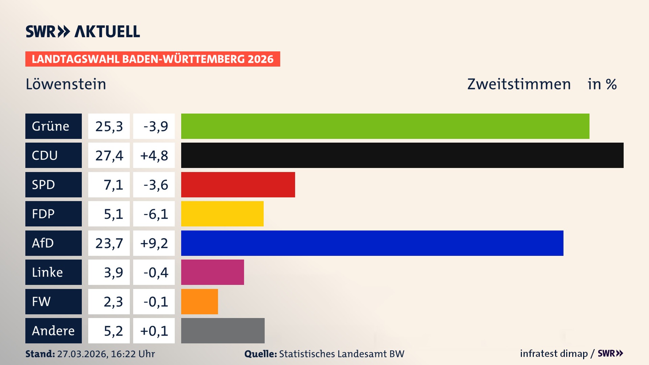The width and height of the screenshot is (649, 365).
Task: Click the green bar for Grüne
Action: click(x=385, y=126)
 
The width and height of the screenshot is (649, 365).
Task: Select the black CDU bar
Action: click(x=402, y=155)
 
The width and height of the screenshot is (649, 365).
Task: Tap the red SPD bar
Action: click(x=238, y=185)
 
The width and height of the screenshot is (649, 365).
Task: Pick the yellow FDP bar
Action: click(x=222, y=214)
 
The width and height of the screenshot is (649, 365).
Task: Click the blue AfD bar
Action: click(x=372, y=243)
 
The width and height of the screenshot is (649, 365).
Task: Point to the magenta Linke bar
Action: click(x=212, y=272)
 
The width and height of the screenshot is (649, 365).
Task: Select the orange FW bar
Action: click(x=199, y=301)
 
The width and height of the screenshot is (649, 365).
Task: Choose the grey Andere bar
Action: click(x=223, y=331)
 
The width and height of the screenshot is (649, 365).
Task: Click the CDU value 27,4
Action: click(x=109, y=155)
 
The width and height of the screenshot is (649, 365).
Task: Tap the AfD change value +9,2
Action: click(x=154, y=243)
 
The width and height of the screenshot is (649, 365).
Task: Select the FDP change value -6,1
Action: click(x=155, y=214)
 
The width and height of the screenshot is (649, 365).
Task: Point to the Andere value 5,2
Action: click(x=113, y=331)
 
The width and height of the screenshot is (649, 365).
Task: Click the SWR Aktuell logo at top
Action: click(x=83, y=31)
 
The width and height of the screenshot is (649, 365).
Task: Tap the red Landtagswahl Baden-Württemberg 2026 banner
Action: click(x=152, y=59)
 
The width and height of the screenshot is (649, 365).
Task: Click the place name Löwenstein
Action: click(x=66, y=84)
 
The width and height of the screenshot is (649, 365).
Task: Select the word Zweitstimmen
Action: click(x=519, y=84)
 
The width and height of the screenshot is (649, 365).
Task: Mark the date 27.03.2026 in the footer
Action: click(x=82, y=354)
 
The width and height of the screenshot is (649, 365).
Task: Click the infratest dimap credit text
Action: click(x=554, y=354)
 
